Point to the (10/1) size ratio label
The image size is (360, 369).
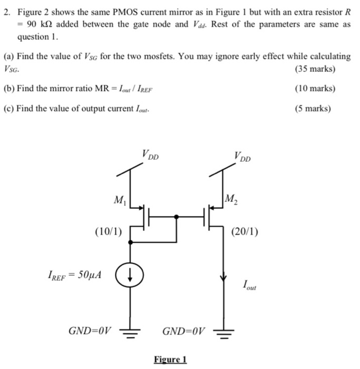(x=109, y=230)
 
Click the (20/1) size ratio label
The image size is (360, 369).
(x=245, y=230)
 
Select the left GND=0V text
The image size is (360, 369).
(x=90, y=331)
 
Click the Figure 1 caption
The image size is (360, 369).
(x=170, y=360)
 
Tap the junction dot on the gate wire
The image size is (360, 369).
(x=176, y=216)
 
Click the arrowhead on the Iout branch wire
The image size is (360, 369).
(x=225, y=278)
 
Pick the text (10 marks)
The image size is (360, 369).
(x=316, y=89)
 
